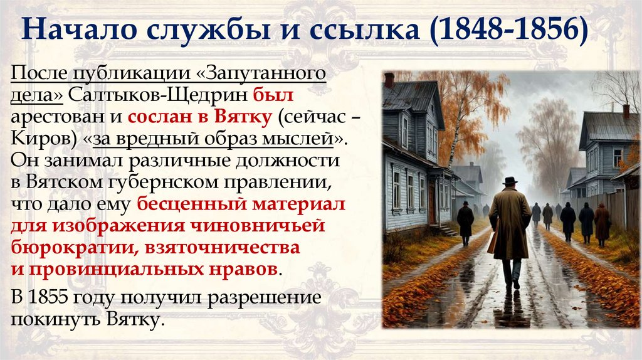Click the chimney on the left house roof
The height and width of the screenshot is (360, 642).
pos(389,80)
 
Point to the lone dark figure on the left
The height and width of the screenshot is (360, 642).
pos(465,221)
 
